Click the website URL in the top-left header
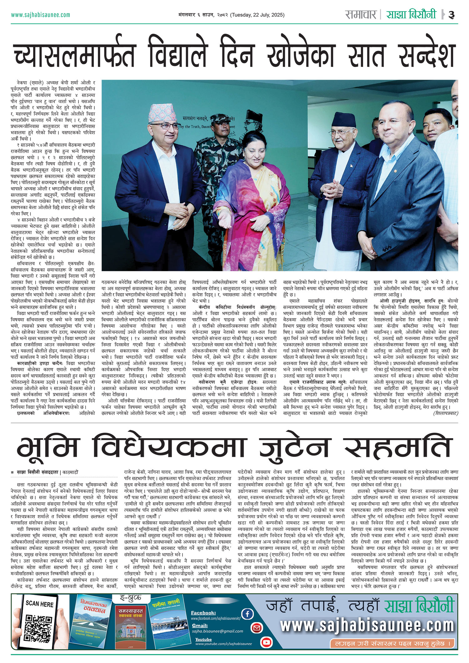40,15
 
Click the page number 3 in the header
451,15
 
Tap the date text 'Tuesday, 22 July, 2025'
257,15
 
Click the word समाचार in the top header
361,14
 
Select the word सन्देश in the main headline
426,55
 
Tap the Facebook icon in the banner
247,614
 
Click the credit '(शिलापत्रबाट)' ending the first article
446,413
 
